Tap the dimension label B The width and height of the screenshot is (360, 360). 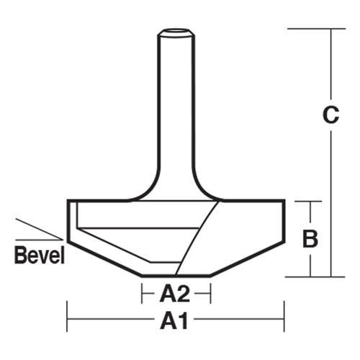310,238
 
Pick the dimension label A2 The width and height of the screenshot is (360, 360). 175,294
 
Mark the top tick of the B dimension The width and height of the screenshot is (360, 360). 310,201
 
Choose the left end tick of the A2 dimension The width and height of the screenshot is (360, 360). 141,293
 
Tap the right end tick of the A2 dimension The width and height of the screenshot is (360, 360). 210,293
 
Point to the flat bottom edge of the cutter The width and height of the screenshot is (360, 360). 176,275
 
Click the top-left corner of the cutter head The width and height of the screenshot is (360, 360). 68,201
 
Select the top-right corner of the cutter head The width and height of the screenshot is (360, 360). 284,201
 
